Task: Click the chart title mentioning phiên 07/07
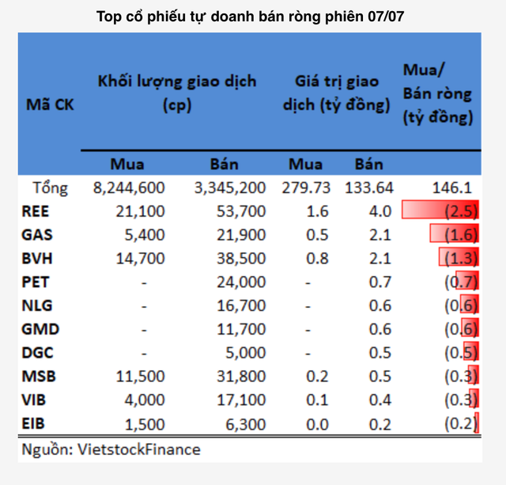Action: coord(253,15)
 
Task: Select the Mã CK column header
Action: coord(50,104)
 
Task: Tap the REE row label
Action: coord(38,210)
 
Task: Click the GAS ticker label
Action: coord(39,234)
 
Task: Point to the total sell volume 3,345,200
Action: coord(228,188)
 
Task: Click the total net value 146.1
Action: coord(453,188)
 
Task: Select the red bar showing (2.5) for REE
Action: coord(440,210)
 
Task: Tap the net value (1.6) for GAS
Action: coord(455,234)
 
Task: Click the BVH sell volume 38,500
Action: coord(240,258)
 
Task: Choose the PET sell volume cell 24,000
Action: coord(240,282)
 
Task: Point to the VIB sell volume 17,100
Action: coord(240,400)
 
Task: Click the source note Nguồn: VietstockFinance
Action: coord(111,449)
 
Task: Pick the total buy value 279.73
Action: coord(305,188)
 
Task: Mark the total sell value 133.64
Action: coord(368,188)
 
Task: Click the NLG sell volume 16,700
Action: coord(240,305)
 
